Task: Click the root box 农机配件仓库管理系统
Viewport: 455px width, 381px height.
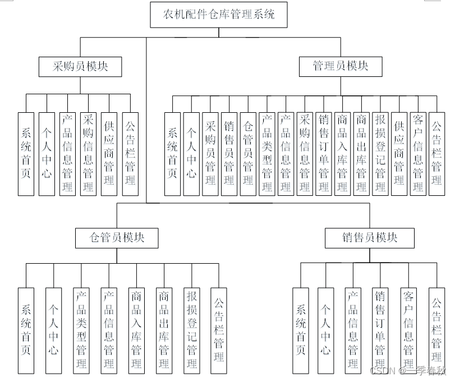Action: [x=219, y=15]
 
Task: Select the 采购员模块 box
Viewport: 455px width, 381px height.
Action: [x=80, y=66]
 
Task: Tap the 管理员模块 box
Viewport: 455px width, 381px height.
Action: [x=341, y=66]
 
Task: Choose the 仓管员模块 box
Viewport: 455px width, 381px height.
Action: [x=117, y=238]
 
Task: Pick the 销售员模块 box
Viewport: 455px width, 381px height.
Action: [x=370, y=238]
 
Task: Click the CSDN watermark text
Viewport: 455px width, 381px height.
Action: [x=384, y=371]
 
